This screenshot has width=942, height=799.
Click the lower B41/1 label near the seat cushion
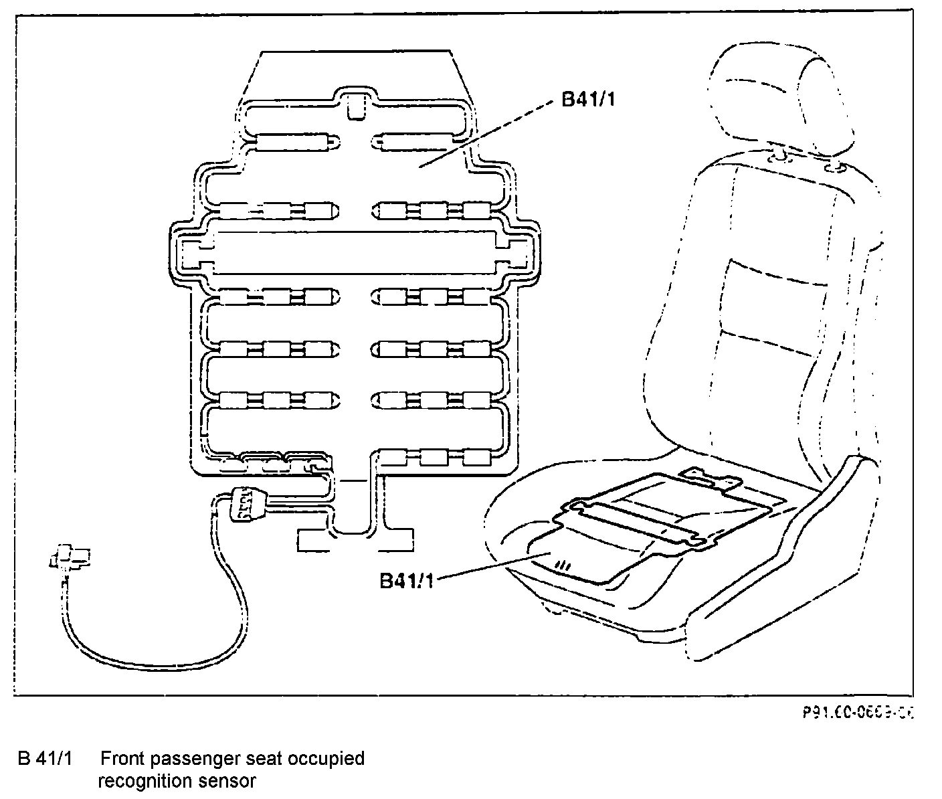pyautogui.click(x=407, y=579)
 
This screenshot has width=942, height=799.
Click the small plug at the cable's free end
pyautogui.click(x=68, y=557)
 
